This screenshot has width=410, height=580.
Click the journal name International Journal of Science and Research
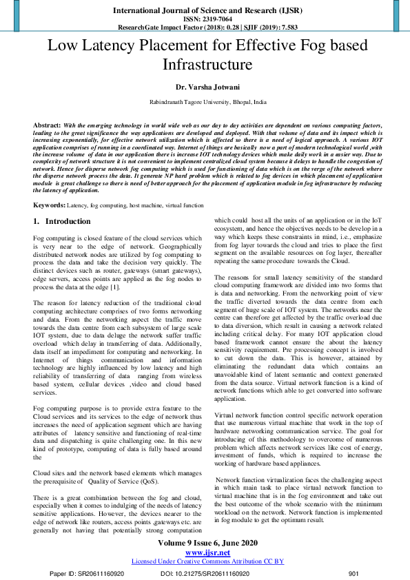[205, 10]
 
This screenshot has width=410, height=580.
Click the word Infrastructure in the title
[205, 65]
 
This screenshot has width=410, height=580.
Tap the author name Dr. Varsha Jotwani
[205, 88]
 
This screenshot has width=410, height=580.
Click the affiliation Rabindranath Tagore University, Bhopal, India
[205, 101]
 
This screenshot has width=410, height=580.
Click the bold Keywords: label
[50, 205]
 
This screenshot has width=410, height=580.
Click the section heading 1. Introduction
[62, 222]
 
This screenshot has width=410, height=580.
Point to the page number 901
[354, 573]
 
